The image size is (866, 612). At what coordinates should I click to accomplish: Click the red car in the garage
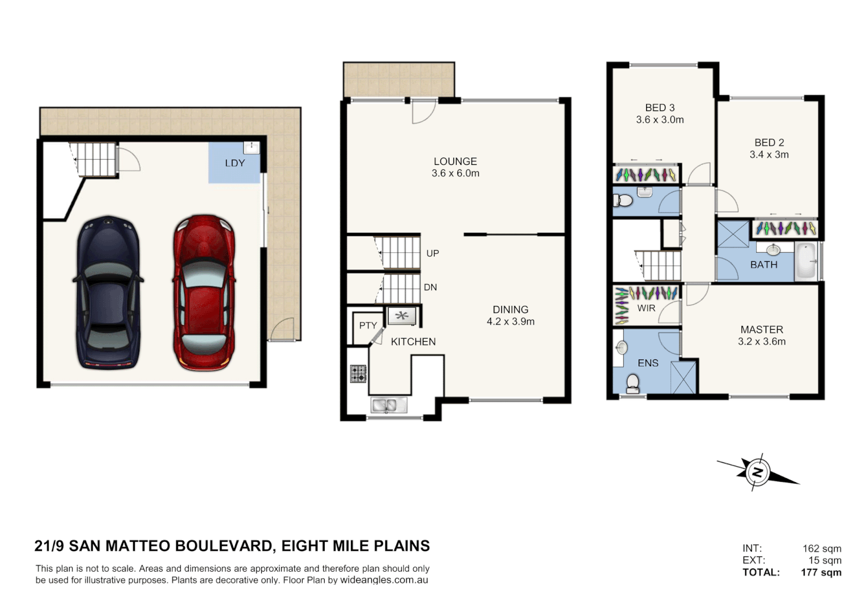(204, 292)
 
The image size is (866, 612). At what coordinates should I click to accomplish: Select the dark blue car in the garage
(108, 292)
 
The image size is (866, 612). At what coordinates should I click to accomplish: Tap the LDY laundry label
(235, 163)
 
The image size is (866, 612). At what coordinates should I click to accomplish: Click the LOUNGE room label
(455, 161)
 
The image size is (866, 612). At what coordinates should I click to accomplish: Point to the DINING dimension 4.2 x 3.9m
(510, 322)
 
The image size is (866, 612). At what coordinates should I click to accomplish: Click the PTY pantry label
(368, 325)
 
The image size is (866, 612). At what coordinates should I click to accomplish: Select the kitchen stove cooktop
(358, 374)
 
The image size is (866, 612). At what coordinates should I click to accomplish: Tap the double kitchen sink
(388, 405)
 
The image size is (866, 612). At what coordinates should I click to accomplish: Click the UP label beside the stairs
(432, 253)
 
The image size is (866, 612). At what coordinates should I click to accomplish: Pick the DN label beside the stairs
(430, 287)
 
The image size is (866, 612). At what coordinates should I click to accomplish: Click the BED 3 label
(660, 108)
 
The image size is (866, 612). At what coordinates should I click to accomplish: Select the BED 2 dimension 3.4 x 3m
(769, 155)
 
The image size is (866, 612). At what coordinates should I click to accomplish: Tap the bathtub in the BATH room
(805, 261)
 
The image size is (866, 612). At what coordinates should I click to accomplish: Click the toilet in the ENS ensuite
(632, 384)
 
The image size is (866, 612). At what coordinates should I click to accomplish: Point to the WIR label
(646, 308)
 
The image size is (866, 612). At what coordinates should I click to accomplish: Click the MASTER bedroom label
(762, 329)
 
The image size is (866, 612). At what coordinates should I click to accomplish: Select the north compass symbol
(757, 472)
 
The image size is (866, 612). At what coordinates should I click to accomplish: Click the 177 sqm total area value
(821, 572)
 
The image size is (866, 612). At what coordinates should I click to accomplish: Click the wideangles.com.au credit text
(384, 580)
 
